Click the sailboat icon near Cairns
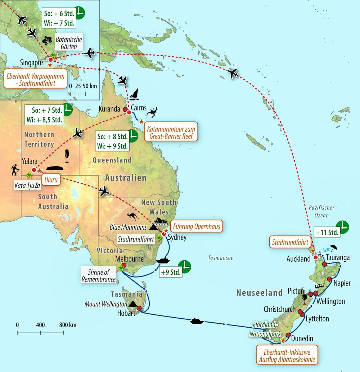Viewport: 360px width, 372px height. point(134,94)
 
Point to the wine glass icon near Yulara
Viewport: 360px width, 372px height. point(67,156)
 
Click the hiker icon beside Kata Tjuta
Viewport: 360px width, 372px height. point(15,169)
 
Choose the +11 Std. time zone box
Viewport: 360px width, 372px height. point(327,232)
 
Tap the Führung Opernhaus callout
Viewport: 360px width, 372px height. point(196,226)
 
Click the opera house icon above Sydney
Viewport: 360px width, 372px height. point(160,221)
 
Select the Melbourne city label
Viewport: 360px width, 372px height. point(130,259)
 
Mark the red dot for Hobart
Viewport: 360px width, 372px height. point(139,308)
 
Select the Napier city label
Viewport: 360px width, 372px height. point(342,283)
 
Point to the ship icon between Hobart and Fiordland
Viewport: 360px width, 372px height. point(197,321)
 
